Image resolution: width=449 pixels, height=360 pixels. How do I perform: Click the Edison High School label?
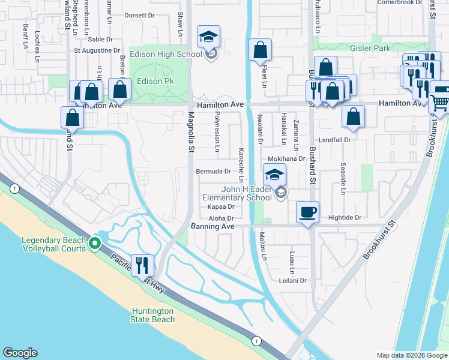pyautogui.click(x=173, y=55)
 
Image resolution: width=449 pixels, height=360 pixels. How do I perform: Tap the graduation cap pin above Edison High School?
pyautogui.click(x=209, y=37)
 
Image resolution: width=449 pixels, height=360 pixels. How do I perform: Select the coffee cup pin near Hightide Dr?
pyautogui.click(x=309, y=212)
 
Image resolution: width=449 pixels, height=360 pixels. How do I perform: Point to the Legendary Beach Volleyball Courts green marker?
pyautogui.click(x=94, y=244)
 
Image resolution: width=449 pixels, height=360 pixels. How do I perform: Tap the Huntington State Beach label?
pyautogui.click(x=152, y=315)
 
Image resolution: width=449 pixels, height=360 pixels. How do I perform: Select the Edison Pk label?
pyautogui.click(x=149, y=81)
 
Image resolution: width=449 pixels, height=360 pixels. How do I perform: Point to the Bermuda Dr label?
pyautogui.click(x=214, y=171)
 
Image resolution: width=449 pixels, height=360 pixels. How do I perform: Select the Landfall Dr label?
pyautogui.click(x=334, y=139)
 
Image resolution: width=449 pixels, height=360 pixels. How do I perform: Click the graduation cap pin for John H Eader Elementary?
pyautogui.click(x=274, y=175)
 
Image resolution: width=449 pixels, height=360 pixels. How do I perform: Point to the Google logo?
pyautogui.click(x=20, y=353)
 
